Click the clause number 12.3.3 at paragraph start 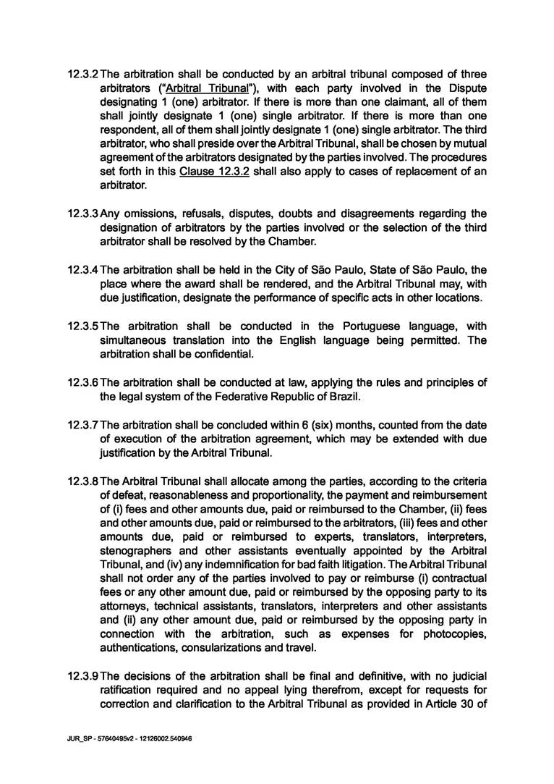tap(83, 214)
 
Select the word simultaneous tap(134, 340)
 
